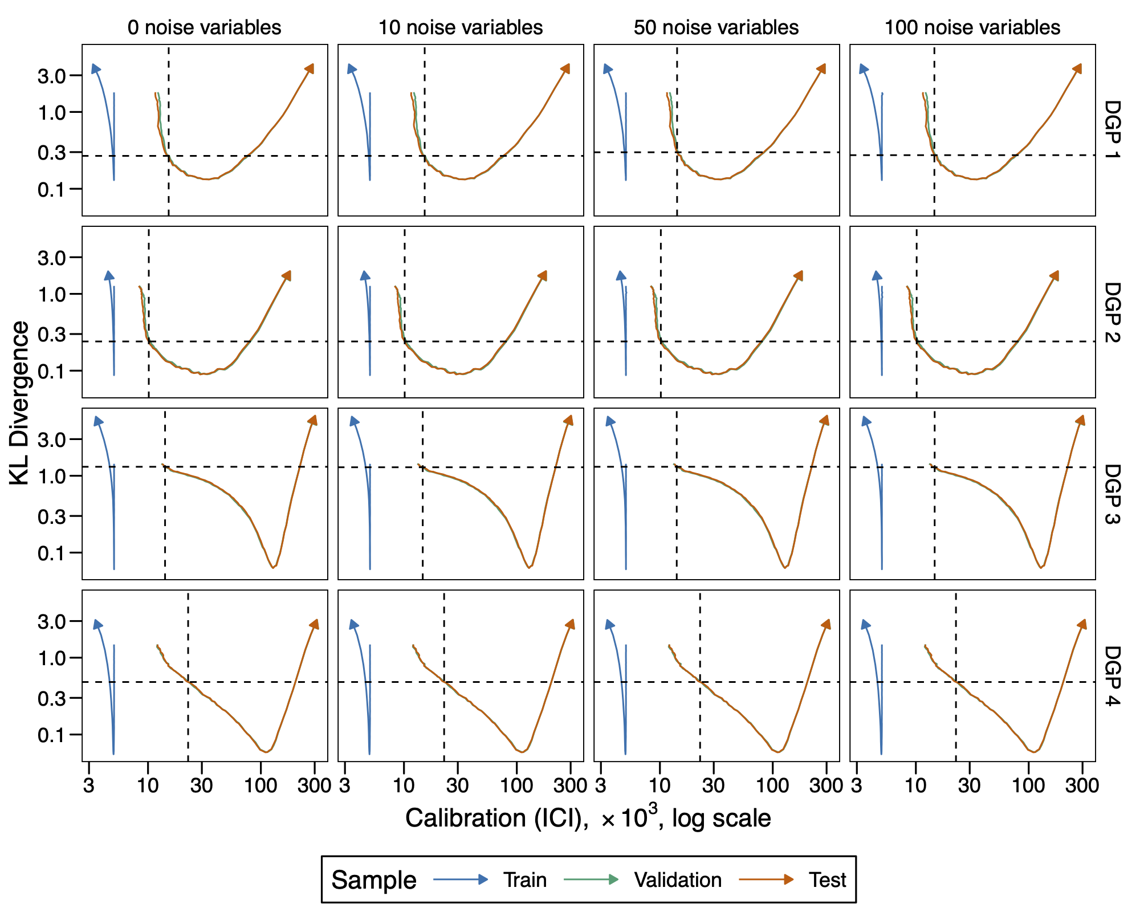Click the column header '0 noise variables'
pyautogui.click(x=204, y=27)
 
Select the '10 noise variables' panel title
pyautogui.click(x=461, y=27)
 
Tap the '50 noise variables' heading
pyautogui.click(x=716, y=27)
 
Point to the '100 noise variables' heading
pyautogui.click(x=972, y=27)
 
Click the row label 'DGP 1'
pyautogui.click(x=1112, y=130)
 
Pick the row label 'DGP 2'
pyautogui.click(x=1112, y=312)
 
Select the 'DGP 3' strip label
pyautogui.click(x=1112, y=494)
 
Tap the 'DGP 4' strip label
pyautogui.click(x=1112, y=675)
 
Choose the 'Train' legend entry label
pyautogui.click(x=524, y=880)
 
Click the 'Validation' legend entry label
pyautogui.click(x=678, y=880)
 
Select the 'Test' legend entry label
pyautogui.click(x=827, y=880)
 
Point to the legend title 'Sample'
pyautogui.click(x=374, y=880)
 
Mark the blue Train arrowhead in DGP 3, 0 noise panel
pyautogui.click(x=97, y=421)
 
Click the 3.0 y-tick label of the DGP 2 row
pyautogui.click(x=52, y=258)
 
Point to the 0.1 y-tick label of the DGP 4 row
pyautogui.click(x=52, y=735)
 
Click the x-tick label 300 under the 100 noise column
pyautogui.click(x=1081, y=785)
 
